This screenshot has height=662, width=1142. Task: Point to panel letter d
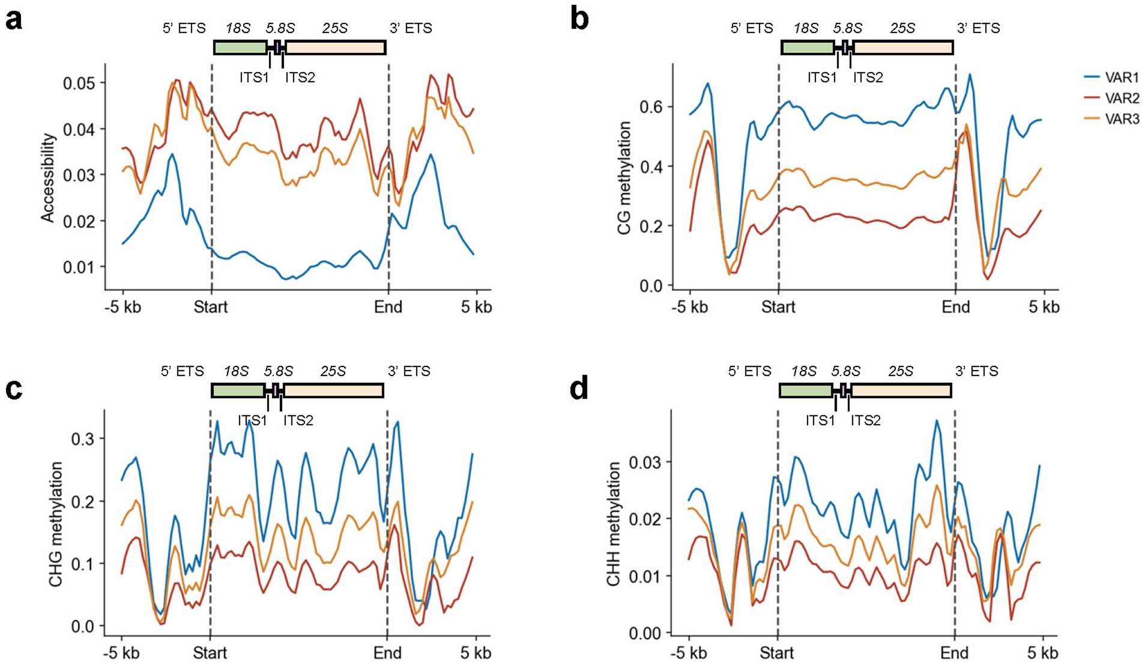click(x=579, y=389)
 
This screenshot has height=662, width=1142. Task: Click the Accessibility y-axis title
click(x=48, y=178)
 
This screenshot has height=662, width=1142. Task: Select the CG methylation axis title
click(x=624, y=178)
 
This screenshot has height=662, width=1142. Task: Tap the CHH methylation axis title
click(x=613, y=524)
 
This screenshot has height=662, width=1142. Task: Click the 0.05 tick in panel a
click(x=79, y=83)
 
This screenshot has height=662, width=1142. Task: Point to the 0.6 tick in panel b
click(x=651, y=107)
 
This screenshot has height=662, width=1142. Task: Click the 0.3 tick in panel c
click(x=82, y=439)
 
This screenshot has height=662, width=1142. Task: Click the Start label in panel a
click(x=211, y=307)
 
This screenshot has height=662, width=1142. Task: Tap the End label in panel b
click(x=955, y=307)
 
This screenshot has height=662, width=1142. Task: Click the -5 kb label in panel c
click(x=121, y=652)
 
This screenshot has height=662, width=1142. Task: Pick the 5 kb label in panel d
click(x=1042, y=652)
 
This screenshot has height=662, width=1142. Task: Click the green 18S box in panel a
click(x=240, y=47)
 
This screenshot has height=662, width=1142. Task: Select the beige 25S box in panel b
click(x=902, y=47)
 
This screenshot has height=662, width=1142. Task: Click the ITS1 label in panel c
click(x=252, y=421)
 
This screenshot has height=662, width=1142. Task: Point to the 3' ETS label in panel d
click(x=976, y=371)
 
